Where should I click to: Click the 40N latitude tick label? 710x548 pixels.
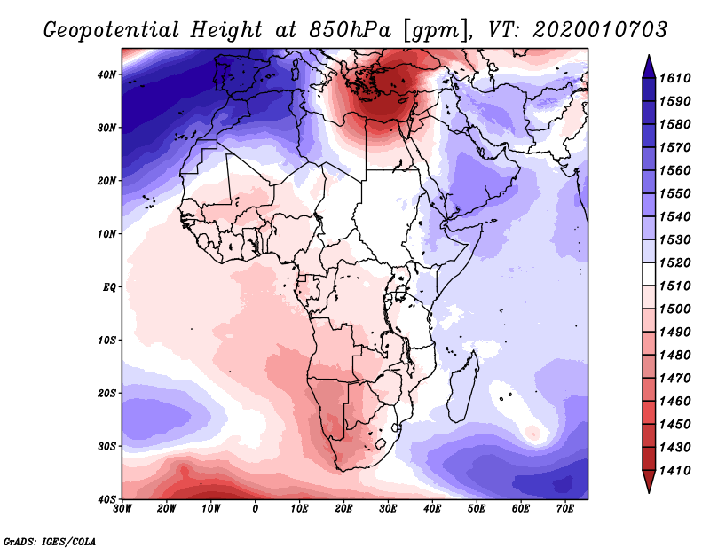(x=106, y=74)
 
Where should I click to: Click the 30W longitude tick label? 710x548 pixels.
(x=122, y=509)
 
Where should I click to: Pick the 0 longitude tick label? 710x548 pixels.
(x=256, y=509)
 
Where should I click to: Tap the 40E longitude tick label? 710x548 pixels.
(x=432, y=509)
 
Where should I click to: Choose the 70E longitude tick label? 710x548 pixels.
(x=565, y=509)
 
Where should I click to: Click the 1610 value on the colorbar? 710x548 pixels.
(x=674, y=78)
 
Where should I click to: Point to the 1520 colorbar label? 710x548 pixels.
(x=674, y=262)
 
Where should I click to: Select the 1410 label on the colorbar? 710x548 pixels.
(x=674, y=471)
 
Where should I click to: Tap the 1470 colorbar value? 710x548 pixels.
(x=674, y=379)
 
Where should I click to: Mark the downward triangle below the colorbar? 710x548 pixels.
(x=649, y=481)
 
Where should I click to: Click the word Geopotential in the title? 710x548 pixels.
(x=112, y=30)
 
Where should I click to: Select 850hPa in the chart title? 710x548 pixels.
(x=350, y=30)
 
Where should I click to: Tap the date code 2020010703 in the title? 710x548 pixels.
(x=600, y=29)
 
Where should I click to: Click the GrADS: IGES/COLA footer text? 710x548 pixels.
(x=50, y=541)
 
